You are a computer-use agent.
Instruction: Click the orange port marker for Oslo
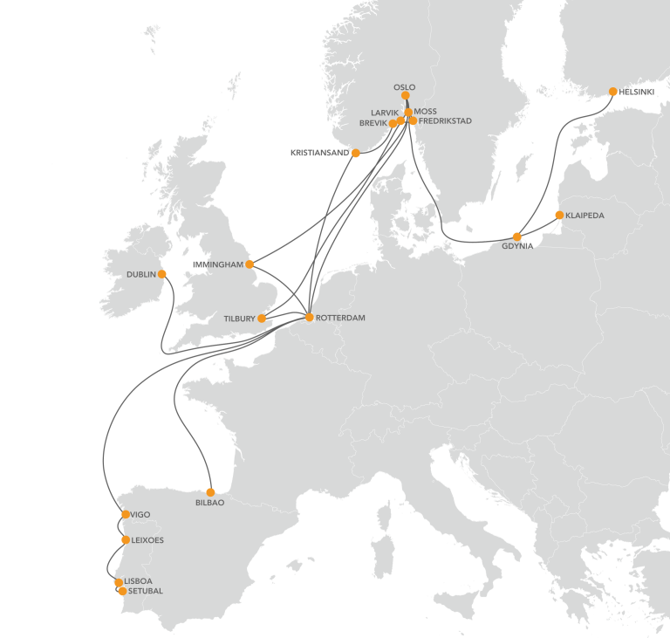point(406,96)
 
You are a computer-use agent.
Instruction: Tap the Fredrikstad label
point(445,121)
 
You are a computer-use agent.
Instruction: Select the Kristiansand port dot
point(356,153)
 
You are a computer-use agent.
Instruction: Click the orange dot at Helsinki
point(613,92)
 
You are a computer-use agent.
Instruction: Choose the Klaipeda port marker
point(559,215)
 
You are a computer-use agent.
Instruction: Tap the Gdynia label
point(517,247)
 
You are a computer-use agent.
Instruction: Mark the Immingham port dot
point(250,264)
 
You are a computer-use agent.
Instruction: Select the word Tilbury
point(239,319)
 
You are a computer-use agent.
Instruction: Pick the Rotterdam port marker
point(309,317)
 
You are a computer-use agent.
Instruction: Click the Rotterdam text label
point(341,319)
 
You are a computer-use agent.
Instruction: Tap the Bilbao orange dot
point(210,491)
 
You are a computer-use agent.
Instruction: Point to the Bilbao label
point(210,504)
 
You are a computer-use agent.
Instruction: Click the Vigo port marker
point(126,514)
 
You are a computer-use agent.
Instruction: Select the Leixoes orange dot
point(126,540)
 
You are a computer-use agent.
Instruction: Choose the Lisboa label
point(139,580)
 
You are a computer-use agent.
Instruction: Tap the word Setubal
point(145,591)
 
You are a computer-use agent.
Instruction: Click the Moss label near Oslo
point(426,112)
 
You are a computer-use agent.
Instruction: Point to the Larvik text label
point(385,113)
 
